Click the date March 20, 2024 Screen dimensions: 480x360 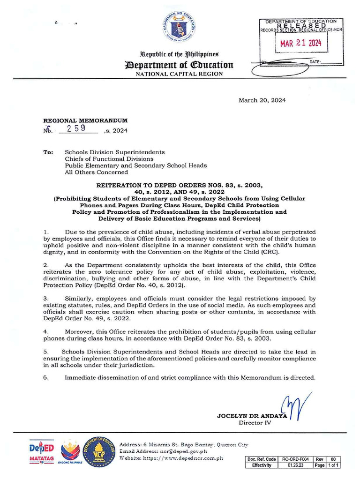262,100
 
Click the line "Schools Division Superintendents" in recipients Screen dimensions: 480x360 114,152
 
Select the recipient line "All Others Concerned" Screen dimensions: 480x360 96,172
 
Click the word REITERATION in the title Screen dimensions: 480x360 120,186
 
